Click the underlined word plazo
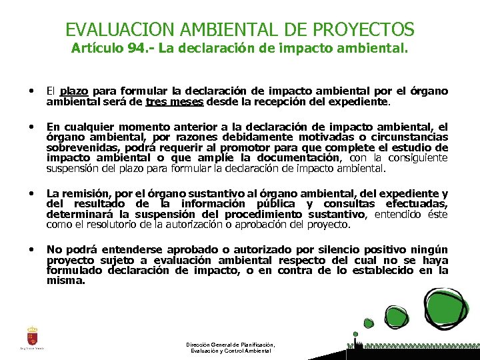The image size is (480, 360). pos(75,91)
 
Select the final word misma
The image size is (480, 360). pos(66,281)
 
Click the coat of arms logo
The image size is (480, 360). pos(32,335)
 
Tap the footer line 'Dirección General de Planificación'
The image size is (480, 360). pos(231,345)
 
